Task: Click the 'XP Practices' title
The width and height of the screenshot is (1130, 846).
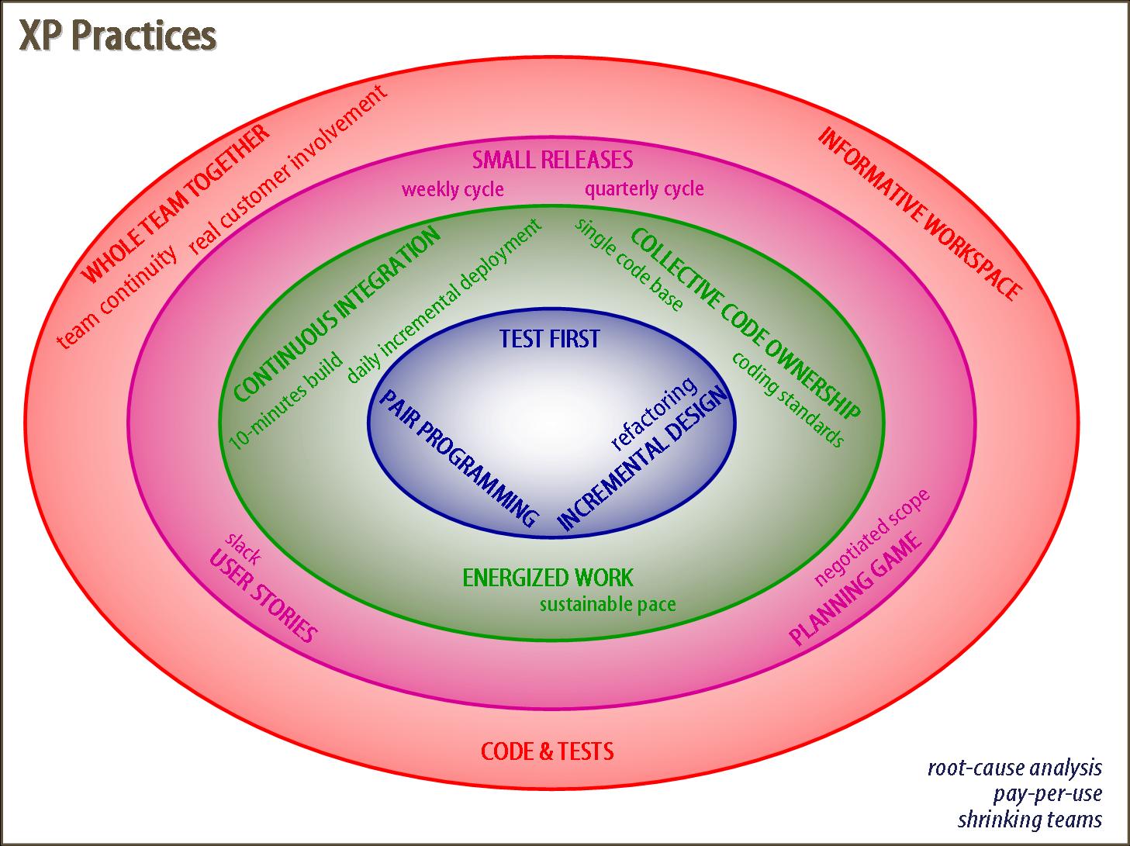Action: coord(118,36)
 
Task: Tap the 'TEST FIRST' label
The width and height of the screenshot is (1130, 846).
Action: coord(549,339)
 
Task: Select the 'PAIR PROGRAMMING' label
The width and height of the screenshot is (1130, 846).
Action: coord(458,458)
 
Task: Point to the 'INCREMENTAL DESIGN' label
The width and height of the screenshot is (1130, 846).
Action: coord(644,458)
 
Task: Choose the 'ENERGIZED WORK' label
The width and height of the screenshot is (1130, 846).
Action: coord(548,578)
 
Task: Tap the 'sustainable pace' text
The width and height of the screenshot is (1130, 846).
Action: coord(607,604)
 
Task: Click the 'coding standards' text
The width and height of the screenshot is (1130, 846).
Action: coord(787,399)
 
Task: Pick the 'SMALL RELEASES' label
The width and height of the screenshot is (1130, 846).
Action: coord(552,161)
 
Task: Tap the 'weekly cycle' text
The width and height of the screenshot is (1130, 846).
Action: coord(452,189)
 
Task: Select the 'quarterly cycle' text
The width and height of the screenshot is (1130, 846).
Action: coord(644,188)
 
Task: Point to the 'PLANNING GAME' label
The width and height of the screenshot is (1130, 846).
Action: coord(856,588)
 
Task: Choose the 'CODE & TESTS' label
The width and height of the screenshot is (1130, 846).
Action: coord(548,751)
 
